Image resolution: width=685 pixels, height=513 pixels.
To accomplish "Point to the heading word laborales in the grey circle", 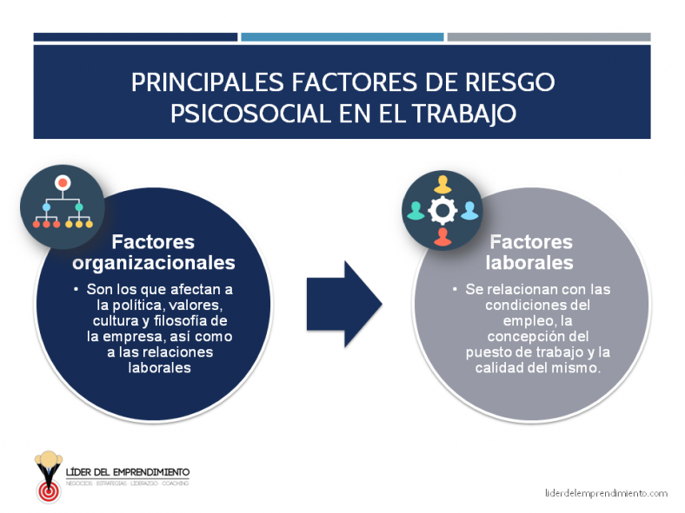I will point(530,262).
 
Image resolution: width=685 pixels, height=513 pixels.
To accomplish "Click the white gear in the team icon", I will point(443,211).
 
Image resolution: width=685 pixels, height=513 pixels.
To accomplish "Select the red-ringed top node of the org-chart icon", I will point(63,183).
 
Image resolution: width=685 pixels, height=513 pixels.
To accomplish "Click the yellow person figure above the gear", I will point(443,184).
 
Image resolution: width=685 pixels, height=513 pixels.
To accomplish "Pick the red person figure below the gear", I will point(443,236).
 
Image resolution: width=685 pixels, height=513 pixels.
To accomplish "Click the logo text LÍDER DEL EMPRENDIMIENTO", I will point(128,472).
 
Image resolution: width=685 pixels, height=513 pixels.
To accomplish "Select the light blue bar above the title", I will point(342,37).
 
